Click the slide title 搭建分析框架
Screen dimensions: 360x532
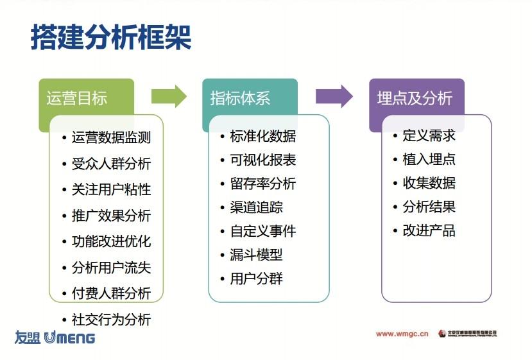[x=111, y=38]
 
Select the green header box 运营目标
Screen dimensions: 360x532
[x=77, y=98]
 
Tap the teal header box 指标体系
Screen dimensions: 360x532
[x=241, y=98]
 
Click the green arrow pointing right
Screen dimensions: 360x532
[x=169, y=96]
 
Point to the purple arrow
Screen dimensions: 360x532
[x=334, y=96]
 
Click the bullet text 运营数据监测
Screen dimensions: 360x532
[x=111, y=137]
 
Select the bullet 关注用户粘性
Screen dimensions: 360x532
[x=111, y=189]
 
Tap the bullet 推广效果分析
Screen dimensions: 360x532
[x=111, y=216]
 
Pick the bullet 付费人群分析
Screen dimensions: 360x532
[x=111, y=293]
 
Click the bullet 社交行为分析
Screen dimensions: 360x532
[x=111, y=320]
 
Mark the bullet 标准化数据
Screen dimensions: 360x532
[x=263, y=136]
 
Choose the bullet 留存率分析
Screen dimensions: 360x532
[x=263, y=184]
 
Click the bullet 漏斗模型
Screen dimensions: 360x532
[x=256, y=255]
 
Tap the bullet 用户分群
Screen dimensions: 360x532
[x=256, y=279]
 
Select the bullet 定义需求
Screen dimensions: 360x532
[x=429, y=135]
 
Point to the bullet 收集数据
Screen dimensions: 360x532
[x=429, y=183]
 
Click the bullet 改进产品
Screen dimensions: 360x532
[x=429, y=230]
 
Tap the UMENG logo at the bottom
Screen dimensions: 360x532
[x=55, y=338]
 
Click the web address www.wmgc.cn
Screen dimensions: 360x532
[x=402, y=334]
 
